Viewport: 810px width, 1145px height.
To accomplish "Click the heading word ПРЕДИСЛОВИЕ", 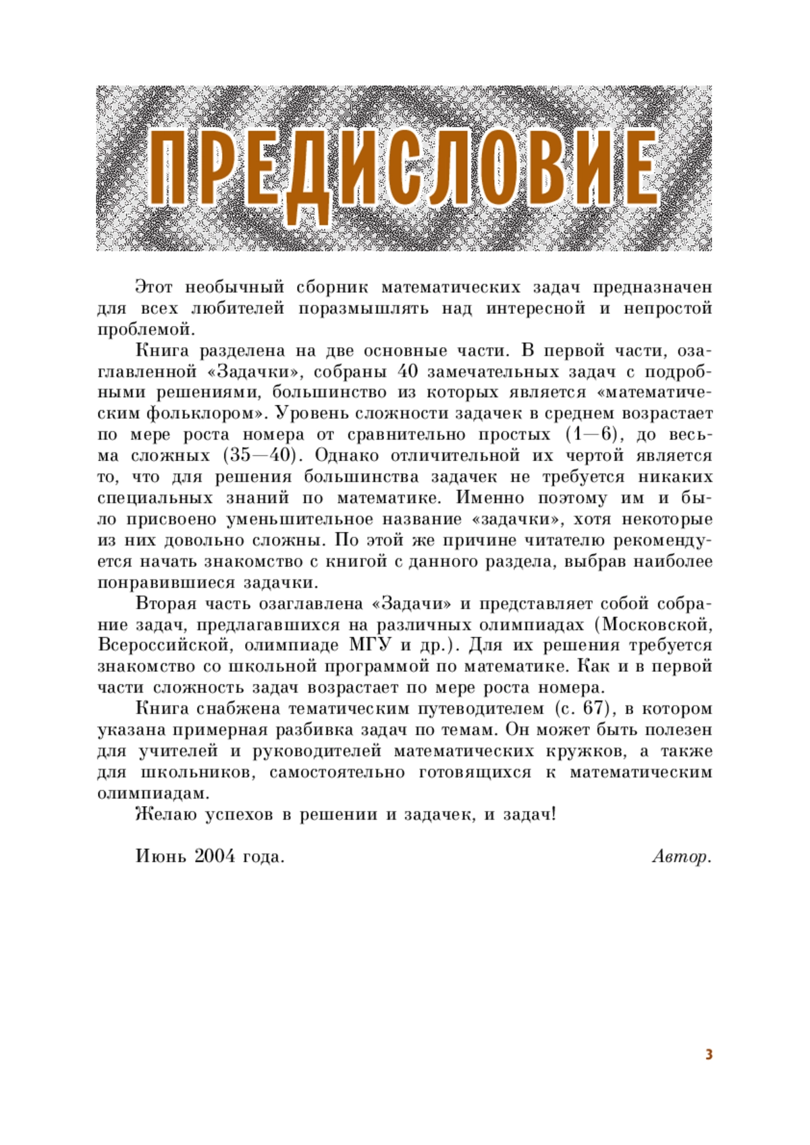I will [404, 169].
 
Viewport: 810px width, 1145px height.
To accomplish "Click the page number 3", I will [709, 1055].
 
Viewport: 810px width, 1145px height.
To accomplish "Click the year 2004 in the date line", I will [215, 857].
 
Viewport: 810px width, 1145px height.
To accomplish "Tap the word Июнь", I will [161, 857].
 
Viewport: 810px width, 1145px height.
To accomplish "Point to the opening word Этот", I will [154, 287].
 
